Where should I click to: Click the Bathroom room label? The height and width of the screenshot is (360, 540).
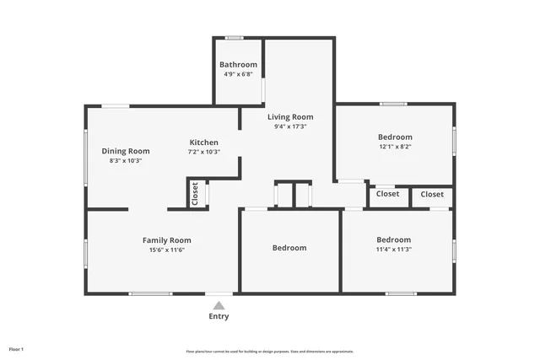pyautogui.click(x=238, y=65)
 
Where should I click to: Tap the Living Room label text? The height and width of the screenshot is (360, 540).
pyautogui.click(x=290, y=117)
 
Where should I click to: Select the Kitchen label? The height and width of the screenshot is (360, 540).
pyautogui.click(x=203, y=142)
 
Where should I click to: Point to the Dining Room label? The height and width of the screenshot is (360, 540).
pyautogui.click(x=126, y=151)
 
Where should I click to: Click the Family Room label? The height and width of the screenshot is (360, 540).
pyautogui.click(x=166, y=240)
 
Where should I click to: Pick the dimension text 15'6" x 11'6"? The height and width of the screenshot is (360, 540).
pyautogui.click(x=166, y=250)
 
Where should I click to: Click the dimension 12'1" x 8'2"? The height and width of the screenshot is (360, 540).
pyautogui.click(x=395, y=146)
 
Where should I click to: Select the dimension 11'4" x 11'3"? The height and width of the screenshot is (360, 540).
pyautogui.click(x=394, y=249)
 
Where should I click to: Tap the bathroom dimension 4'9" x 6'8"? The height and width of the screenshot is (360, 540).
pyautogui.click(x=238, y=74)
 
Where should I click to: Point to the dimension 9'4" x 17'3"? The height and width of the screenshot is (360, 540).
pyautogui.click(x=290, y=126)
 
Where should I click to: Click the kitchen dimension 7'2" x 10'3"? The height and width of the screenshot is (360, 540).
pyautogui.click(x=203, y=152)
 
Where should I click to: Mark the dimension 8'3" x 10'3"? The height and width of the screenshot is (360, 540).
pyautogui.click(x=126, y=160)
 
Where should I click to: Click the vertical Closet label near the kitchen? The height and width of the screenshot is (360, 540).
pyautogui.click(x=195, y=195)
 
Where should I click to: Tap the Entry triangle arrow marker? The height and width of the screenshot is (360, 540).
pyautogui.click(x=219, y=305)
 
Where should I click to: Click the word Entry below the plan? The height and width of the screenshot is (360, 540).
pyautogui.click(x=219, y=317)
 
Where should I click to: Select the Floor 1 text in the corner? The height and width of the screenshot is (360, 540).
pyautogui.click(x=16, y=349)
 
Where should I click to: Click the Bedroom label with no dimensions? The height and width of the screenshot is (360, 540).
pyautogui.click(x=289, y=248)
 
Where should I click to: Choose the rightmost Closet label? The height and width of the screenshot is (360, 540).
pyautogui.click(x=432, y=194)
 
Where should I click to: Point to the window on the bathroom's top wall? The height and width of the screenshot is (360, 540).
pyautogui.click(x=235, y=37)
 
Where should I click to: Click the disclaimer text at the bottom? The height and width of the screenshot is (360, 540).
pyautogui.click(x=269, y=352)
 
